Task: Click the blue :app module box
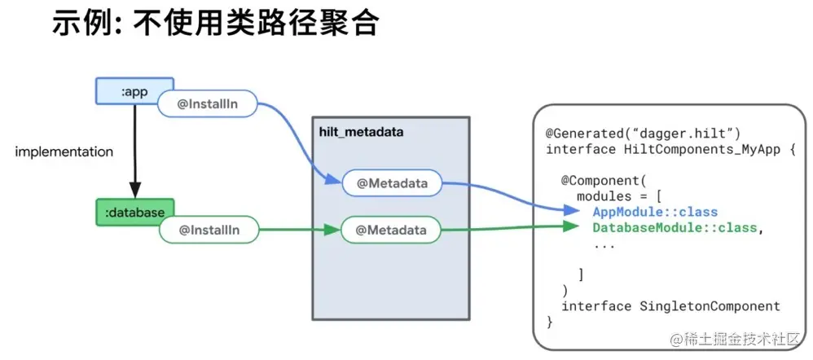click(x=134, y=90)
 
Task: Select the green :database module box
click(x=134, y=212)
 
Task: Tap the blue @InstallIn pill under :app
click(x=208, y=103)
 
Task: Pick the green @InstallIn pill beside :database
click(x=209, y=230)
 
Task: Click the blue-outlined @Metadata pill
click(x=392, y=183)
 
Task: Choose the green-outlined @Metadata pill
click(x=391, y=230)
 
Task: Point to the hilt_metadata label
click(x=361, y=132)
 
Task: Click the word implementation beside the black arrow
click(x=64, y=152)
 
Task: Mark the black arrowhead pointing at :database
click(x=134, y=190)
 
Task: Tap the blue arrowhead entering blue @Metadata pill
click(x=332, y=181)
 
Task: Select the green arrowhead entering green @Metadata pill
click(x=332, y=230)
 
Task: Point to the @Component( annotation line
click(x=604, y=181)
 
